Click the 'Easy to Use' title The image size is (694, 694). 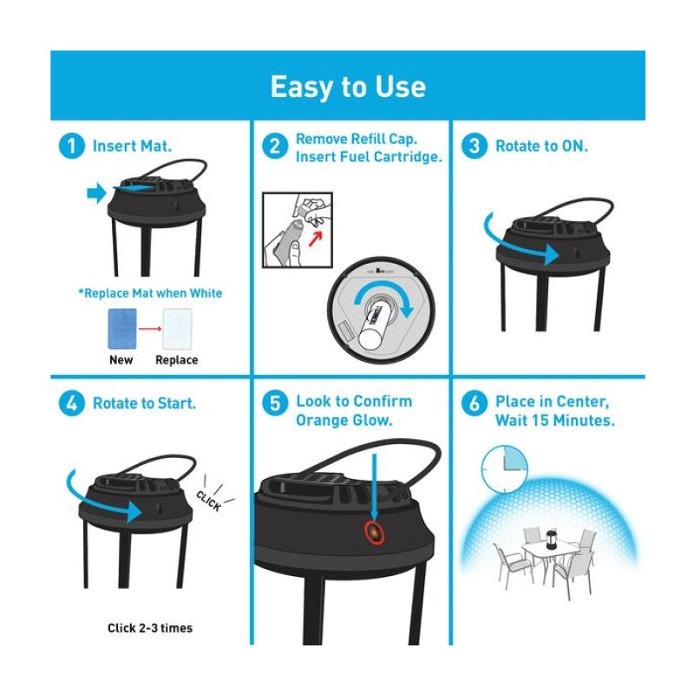coord(347,87)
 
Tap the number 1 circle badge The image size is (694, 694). coord(72,147)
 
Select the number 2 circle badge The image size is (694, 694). coord(273,147)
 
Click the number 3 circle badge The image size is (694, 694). coord(474,147)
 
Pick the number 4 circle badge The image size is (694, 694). coord(72,403)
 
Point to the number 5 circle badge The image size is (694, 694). coord(273,403)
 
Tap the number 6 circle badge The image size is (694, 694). coord(474,403)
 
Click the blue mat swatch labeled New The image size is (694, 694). coord(121,329)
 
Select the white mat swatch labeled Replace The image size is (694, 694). coord(177,329)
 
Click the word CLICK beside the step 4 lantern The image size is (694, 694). coord(208,501)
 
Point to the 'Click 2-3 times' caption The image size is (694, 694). coord(149,627)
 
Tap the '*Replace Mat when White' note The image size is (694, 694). coord(149,293)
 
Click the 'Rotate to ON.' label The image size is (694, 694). coord(541,147)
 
